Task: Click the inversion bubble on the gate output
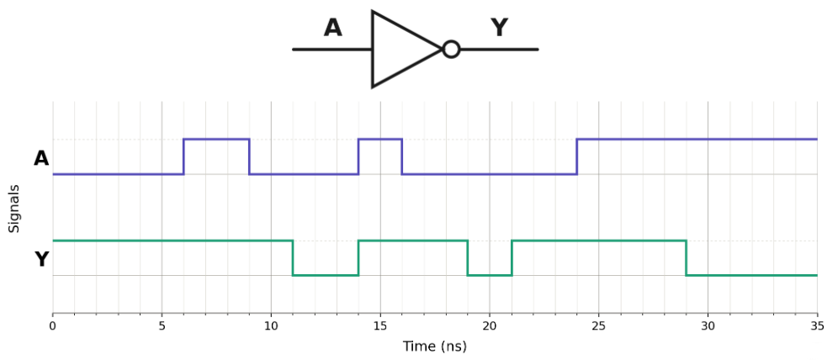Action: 451,49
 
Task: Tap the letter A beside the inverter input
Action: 333,28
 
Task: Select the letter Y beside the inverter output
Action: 499,28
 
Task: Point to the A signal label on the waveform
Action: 41,158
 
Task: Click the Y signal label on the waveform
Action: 42,260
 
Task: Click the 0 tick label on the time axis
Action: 52,326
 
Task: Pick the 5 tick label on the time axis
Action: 162,326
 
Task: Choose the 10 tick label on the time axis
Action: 271,326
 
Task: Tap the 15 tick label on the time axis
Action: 380,326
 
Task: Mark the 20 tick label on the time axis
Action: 490,326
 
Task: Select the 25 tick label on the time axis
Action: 598,326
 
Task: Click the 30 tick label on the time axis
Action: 708,326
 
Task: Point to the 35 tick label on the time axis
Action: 817,326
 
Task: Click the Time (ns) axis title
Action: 434,346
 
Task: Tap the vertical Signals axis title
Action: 14,209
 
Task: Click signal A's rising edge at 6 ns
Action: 184,156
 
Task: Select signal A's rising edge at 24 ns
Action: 576,156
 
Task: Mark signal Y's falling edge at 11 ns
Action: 293,258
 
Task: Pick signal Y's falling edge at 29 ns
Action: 687,258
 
